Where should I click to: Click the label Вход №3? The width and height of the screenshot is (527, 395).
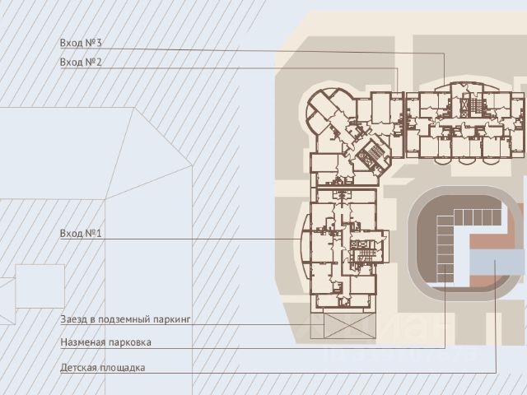pyautogui.click(x=80, y=43)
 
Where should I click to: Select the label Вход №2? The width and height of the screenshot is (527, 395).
pyautogui.click(x=80, y=63)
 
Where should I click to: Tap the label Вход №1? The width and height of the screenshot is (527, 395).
pyautogui.click(x=80, y=234)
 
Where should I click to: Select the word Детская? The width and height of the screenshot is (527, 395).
pyautogui.click(x=80, y=368)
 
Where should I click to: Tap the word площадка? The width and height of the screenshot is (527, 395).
pyautogui.click(x=124, y=368)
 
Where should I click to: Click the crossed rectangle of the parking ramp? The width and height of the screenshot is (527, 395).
pyautogui.click(x=343, y=325)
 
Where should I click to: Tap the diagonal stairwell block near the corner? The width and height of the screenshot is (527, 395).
pyautogui.click(x=372, y=152)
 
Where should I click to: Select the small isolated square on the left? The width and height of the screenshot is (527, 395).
pyautogui.click(x=40, y=286)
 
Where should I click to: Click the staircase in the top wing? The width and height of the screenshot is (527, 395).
pyautogui.click(x=471, y=107)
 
